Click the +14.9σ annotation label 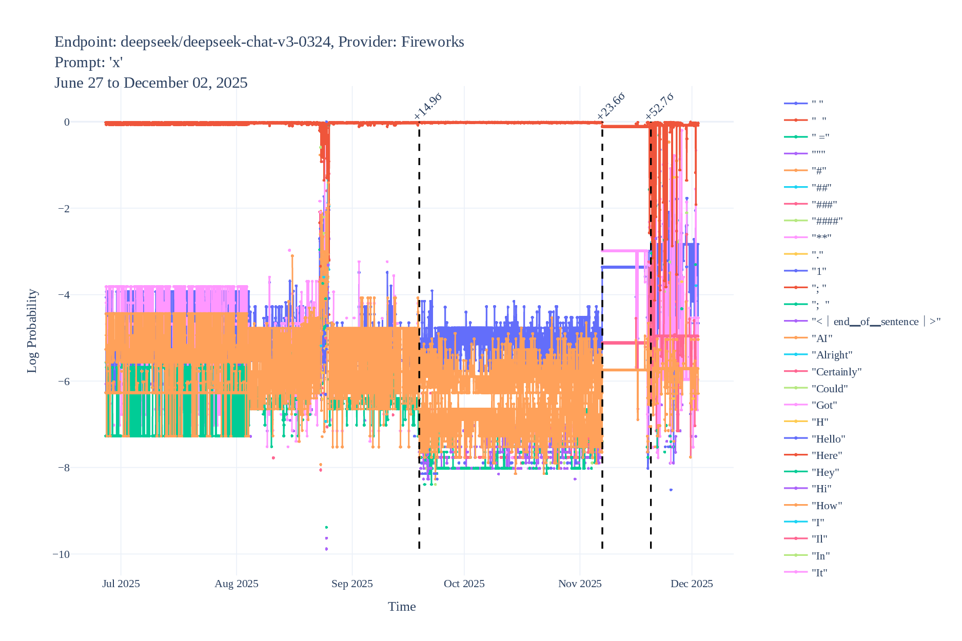click(427, 107)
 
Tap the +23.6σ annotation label click(611, 107)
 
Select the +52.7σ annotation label click(659, 107)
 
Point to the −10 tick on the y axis click(61, 554)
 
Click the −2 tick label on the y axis click(63, 209)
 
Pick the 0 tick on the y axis click(67, 122)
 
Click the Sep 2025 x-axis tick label click(352, 584)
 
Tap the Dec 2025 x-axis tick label click(692, 584)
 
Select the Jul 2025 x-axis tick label click(121, 584)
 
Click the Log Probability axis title click(32, 331)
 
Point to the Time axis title click(402, 607)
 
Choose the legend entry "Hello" click(828, 439)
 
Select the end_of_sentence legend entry click(876, 322)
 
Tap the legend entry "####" click(827, 221)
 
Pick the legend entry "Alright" click(832, 355)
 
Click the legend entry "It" click(819, 573)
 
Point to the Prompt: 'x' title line click(88, 63)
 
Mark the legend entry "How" click(827, 506)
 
